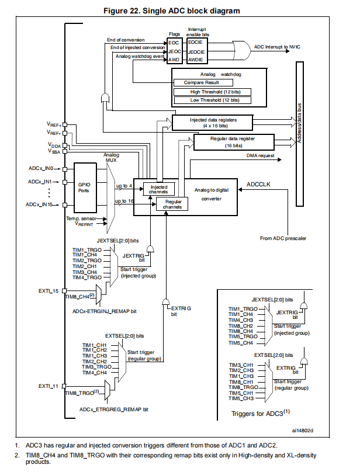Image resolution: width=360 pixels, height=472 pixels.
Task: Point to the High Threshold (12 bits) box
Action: [x=212, y=92]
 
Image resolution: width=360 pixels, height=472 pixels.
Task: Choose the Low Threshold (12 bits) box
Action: [x=212, y=100]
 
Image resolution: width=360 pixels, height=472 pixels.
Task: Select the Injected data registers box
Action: [x=212, y=121]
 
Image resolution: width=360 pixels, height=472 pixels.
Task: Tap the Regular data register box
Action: [x=233, y=141]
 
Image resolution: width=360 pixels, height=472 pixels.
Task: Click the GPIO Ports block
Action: [x=84, y=186]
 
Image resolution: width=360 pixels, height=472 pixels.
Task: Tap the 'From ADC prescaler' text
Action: [x=283, y=238]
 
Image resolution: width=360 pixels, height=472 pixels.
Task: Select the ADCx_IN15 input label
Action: [x=41, y=204]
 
